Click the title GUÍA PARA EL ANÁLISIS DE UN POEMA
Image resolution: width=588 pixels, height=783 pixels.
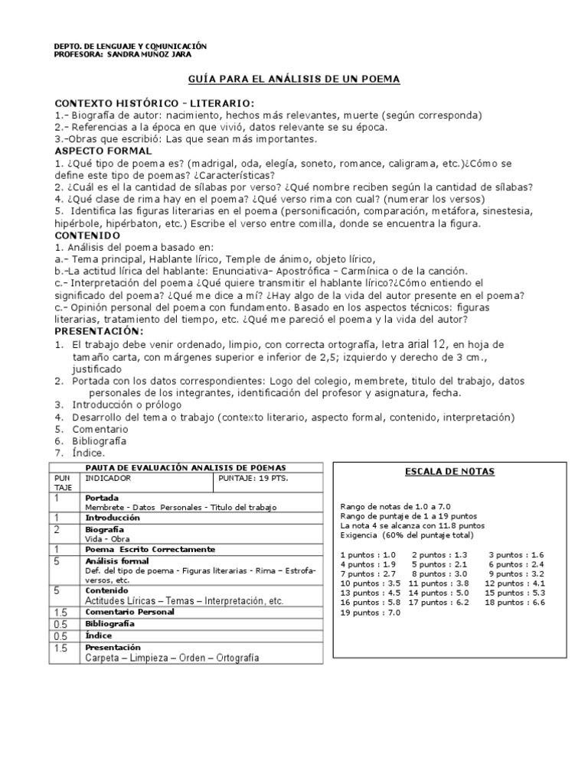tap(294, 80)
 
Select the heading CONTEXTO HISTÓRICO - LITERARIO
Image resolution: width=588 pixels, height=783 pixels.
tap(155, 103)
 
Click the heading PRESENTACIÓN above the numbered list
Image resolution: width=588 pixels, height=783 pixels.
tap(99, 330)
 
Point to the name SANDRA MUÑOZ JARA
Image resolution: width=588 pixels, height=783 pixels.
tap(149, 55)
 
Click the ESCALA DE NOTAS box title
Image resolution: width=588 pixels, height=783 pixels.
tap(449, 472)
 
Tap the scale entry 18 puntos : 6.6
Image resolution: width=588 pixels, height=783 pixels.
tap(516, 603)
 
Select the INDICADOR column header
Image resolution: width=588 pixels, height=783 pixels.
tap(108, 478)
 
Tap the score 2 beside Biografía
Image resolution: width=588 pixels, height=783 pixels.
tap(57, 529)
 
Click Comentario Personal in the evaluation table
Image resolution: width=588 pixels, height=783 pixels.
tap(130, 612)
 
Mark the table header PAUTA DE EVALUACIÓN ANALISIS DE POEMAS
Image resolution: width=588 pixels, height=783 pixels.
tap(186, 467)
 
